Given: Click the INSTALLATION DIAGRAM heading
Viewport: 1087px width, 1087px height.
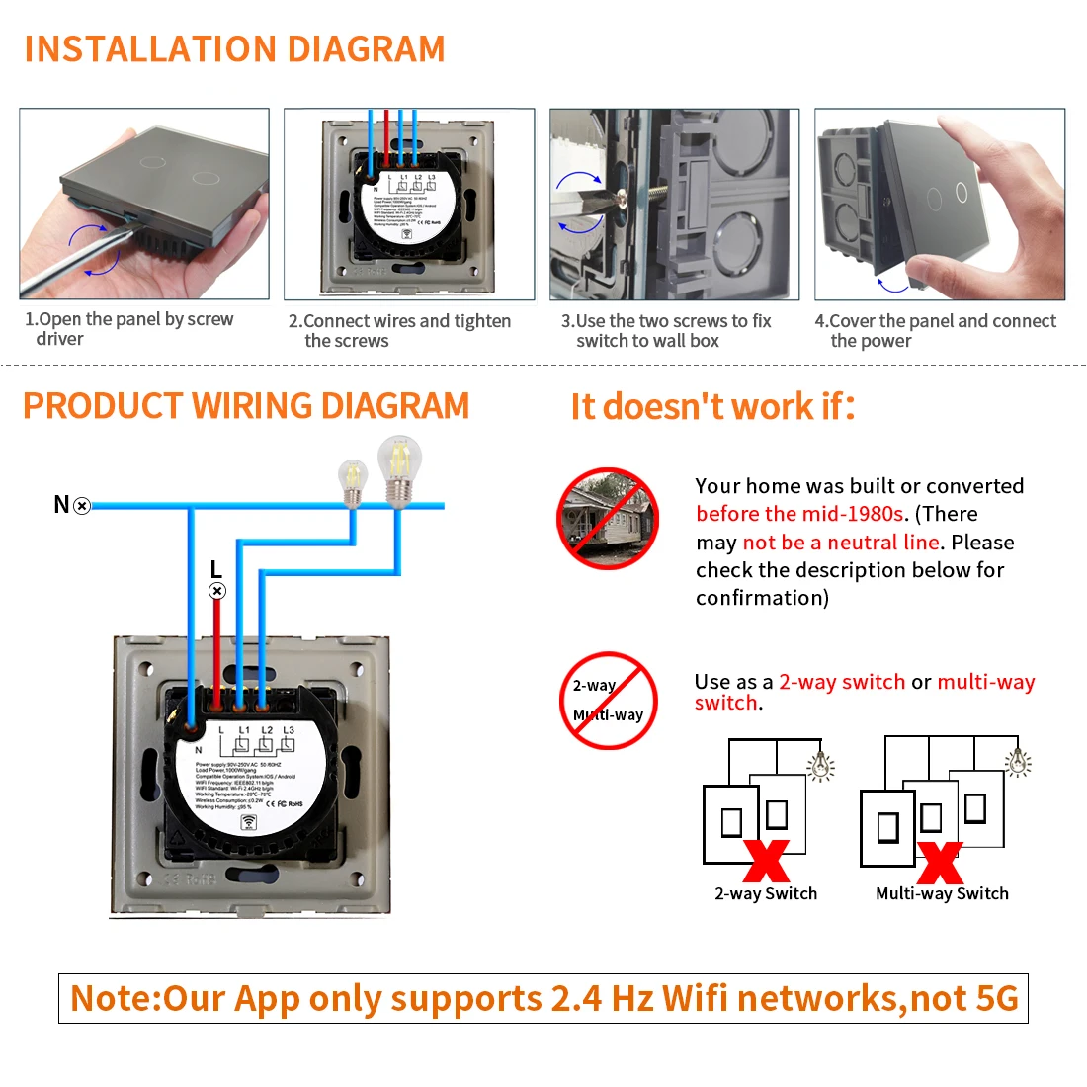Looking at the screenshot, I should [x=234, y=49].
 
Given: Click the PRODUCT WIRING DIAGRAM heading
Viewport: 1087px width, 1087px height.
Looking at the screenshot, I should [x=246, y=406].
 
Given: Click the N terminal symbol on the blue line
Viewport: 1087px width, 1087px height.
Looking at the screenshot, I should [x=82, y=506].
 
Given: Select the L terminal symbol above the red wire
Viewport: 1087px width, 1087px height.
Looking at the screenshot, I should [x=217, y=591].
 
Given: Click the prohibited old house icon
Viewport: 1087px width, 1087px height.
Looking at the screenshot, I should [x=608, y=518].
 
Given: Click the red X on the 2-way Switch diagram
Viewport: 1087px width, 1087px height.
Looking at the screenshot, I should [x=767, y=861].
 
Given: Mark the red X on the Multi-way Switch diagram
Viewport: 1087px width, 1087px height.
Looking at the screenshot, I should [x=940, y=863].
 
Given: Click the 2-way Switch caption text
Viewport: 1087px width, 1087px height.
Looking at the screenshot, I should [x=766, y=893].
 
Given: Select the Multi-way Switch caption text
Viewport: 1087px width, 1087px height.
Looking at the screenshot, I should [x=942, y=893].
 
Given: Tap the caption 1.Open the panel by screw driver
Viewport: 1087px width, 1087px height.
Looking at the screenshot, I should [x=128, y=329].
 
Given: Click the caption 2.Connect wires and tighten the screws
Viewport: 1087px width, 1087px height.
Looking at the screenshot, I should [x=399, y=331].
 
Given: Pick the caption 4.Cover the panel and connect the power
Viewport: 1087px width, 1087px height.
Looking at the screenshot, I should [x=935, y=331].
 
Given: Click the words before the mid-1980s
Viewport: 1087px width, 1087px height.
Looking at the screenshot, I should [x=799, y=514].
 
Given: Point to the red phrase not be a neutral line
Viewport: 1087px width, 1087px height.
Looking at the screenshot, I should [x=840, y=543].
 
